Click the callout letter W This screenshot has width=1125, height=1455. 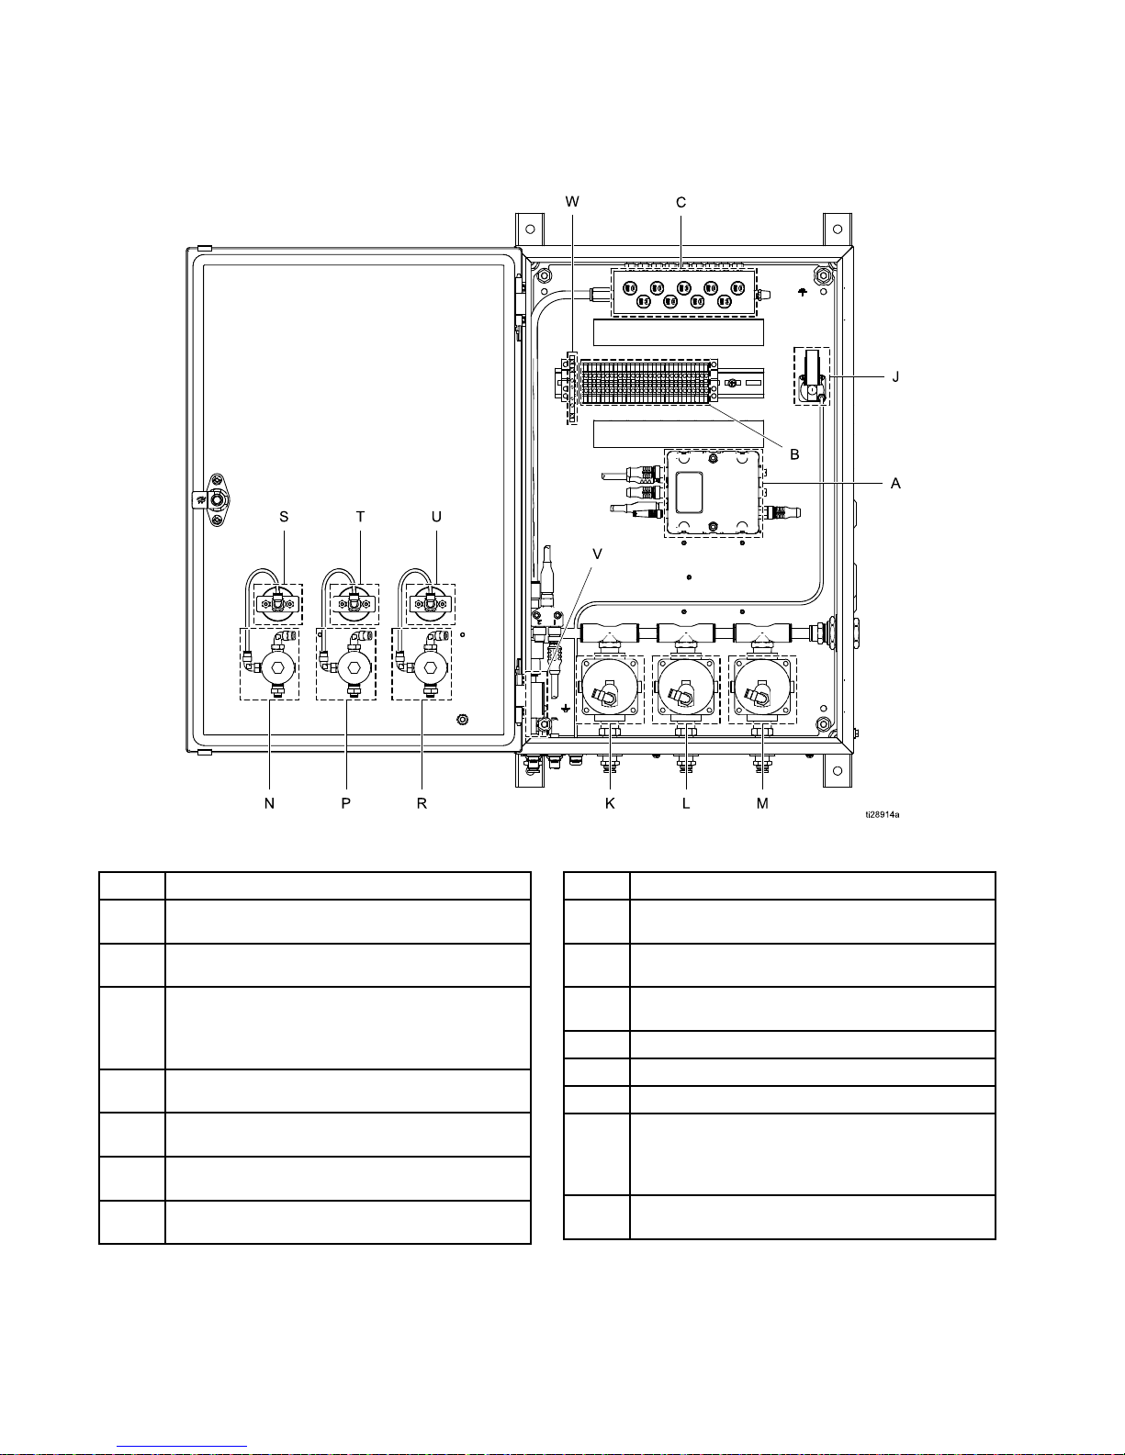pyautogui.click(x=572, y=202)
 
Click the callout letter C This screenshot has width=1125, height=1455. pyautogui.click(x=681, y=202)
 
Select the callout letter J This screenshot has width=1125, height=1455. pyautogui.click(x=896, y=377)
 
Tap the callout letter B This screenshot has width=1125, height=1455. pyautogui.click(x=795, y=454)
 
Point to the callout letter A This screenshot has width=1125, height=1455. pyautogui.click(x=895, y=484)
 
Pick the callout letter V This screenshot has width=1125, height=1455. pyautogui.click(x=597, y=554)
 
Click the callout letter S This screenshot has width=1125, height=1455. pyautogui.click(x=284, y=517)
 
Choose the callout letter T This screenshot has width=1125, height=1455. pyautogui.click(x=360, y=517)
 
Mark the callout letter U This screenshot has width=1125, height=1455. pyautogui.click(x=436, y=517)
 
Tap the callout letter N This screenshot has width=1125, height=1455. pyautogui.click(x=269, y=803)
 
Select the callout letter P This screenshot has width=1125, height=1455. pyautogui.click(x=346, y=803)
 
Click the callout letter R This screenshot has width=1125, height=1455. pyautogui.click(x=422, y=803)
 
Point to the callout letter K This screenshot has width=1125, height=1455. pyautogui.click(x=610, y=803)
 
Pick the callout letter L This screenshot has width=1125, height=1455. pyautogui.click(x=686, y=803)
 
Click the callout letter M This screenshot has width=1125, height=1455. pyautogui.click(x=763, y=803)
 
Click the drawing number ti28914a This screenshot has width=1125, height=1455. pyautogui.click(x=882, y=815)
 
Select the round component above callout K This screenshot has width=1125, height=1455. pyautogui.click(x=610, y=689)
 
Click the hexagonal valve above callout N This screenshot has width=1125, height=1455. pyautogui.click(x=277, y=667)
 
